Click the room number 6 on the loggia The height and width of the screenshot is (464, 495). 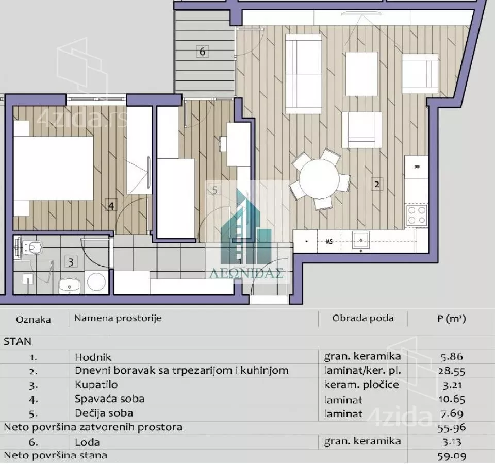coord(202,51)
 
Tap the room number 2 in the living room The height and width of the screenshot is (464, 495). coord(376,184)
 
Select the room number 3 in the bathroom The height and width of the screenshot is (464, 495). coord(71,262)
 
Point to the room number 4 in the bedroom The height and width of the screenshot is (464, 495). coord(111,206)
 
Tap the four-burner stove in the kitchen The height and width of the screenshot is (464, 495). coord(417,216)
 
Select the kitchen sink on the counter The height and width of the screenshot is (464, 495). coord(361,241)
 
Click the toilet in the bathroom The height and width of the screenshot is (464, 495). coord(31,246)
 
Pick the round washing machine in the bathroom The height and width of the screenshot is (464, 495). coord(96,281)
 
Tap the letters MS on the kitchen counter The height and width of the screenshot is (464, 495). coord(329,242)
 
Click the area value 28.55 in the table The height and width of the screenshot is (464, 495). coord(452,371)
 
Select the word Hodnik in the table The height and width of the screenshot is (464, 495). coord(93,357)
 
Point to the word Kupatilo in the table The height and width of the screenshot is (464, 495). coord(96,385)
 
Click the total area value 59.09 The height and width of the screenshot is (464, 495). coord(452,456)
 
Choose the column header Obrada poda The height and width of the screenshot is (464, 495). coord(362,318)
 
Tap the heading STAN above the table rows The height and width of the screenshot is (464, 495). coord(18,341)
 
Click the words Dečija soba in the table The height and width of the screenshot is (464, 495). coord(104,413)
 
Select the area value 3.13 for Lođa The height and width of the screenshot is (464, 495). coord(452,442)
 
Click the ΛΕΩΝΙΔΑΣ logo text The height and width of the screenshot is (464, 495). coord(246,273)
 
